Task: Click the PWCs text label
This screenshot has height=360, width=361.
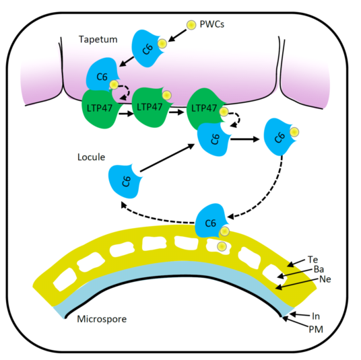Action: pos(211,24)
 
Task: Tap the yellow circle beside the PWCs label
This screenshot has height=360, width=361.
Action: pos(191,25)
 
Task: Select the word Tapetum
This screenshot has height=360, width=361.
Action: pos(98,39)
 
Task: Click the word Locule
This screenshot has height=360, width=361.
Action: pos(91,157)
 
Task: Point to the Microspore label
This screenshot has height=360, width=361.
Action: pos(102,319)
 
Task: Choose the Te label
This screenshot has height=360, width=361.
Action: pos(313,260)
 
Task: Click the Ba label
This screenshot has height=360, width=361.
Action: pos(319,269)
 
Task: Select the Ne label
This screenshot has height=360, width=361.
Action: pos(325,279)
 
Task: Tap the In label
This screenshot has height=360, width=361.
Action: pos(316,316)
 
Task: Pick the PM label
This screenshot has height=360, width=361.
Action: pos(316,330)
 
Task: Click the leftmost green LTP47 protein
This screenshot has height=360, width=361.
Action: pos(100,108)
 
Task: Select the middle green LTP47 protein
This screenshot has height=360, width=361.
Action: pos(151,107)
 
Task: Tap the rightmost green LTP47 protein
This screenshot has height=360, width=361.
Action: pos(205,109)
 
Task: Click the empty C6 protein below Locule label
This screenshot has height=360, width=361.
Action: pos(125,180)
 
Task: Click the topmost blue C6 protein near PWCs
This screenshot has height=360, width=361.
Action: pos(147,48)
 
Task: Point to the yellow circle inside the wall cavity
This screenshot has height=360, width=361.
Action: pos(222,246)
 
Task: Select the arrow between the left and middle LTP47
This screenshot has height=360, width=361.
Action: pos(126,114)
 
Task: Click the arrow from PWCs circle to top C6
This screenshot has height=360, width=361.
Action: pos(177,36)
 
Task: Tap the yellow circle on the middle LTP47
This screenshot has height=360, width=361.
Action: pos(166,96)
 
